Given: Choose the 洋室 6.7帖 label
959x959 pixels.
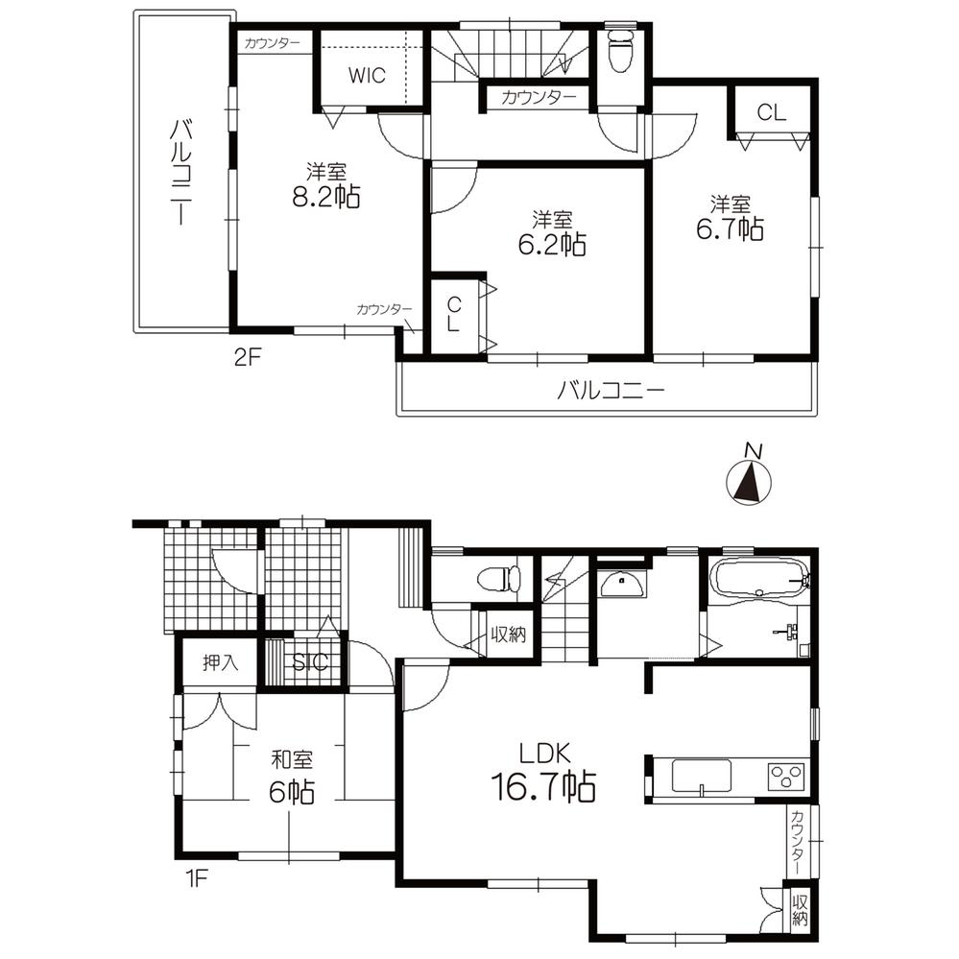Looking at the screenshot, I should point(736,218).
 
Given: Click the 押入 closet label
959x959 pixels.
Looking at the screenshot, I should point(219,661).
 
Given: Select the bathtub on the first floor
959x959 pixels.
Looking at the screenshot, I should point(757,580).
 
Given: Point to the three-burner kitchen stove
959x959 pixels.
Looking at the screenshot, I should point(784,775).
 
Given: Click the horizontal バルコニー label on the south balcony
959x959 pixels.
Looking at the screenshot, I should point(611,391).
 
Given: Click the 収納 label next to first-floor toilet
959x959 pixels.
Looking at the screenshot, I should point(509,635).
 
